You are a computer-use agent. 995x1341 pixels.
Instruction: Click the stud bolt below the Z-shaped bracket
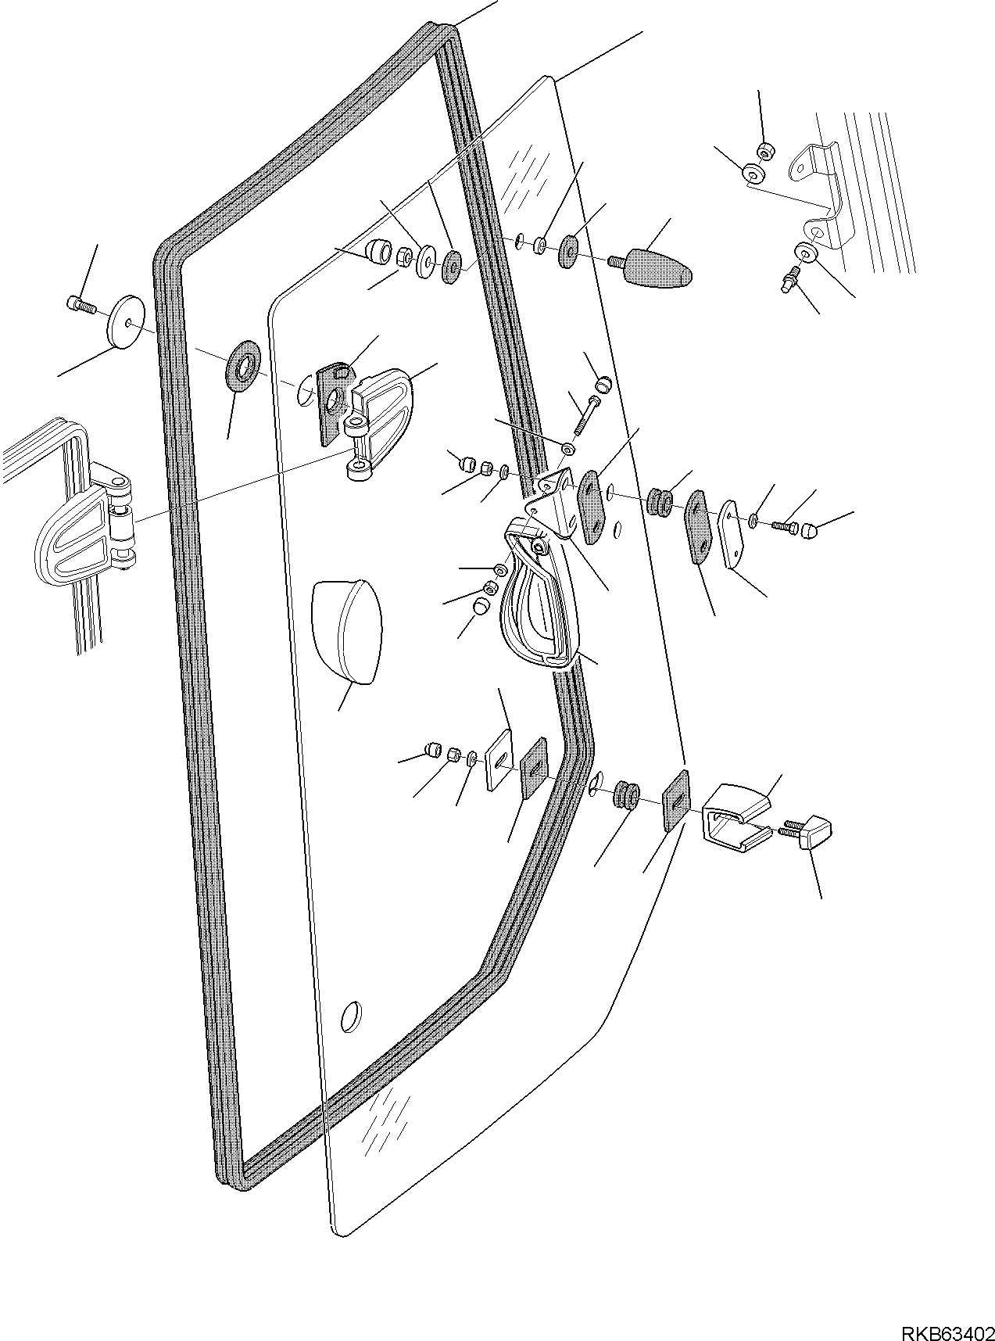pos(792,278)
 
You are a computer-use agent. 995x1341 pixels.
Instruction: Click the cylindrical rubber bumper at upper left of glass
pos(381,251)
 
